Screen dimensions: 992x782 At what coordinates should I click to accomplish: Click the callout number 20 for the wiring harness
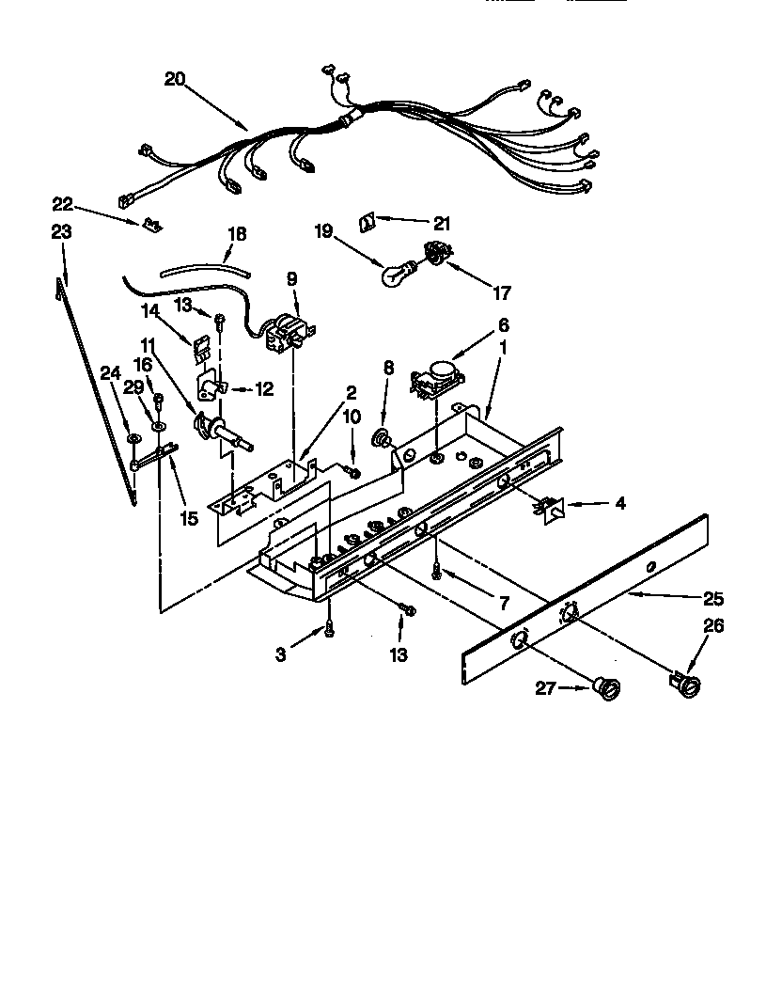[174, 79]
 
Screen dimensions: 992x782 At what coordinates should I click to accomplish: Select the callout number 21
[442, 224]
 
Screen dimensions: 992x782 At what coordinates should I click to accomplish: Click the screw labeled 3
[329, 632]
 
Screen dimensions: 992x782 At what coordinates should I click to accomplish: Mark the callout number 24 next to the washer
[111, 372]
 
